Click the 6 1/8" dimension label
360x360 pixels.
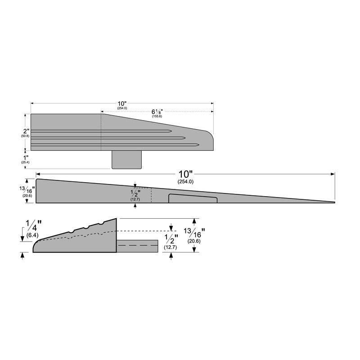tap(157, 111)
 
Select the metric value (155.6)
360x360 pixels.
tap(157, 117)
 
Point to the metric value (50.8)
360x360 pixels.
tap(25, 135)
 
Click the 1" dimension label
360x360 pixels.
tap(25, 157)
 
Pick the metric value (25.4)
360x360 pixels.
tap(25, 162)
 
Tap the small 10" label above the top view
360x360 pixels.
tap(122, 103)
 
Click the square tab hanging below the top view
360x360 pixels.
tap(126, 159)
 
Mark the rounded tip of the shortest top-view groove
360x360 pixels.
tap(169, 131)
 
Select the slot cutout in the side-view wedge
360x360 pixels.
tap(193, 198)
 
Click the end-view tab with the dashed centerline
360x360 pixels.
tap(137, 246)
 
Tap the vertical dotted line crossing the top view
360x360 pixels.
tap(101, 132)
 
